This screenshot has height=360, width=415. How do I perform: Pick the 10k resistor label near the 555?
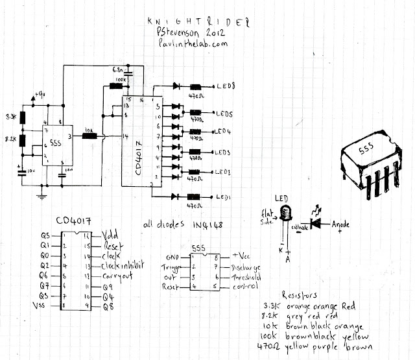click(89, 130)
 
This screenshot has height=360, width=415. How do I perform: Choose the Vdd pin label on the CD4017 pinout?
click(111, 236)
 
